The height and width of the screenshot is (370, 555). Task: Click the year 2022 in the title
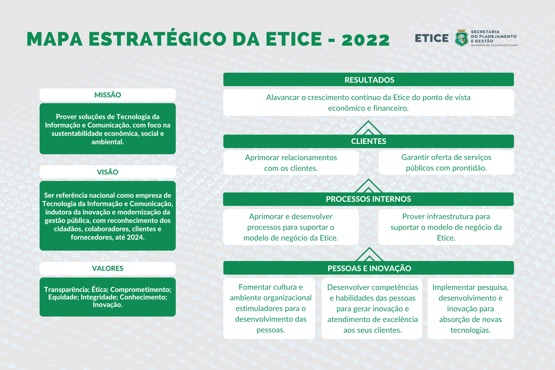(x=366, y=40)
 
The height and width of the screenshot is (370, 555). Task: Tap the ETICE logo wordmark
(x=432, y=38)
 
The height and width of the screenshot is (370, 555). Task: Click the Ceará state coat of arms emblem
(x=461, y=38)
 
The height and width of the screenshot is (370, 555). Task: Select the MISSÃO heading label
(x=108, y=95)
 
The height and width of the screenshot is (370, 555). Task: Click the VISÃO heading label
(x=108, y=172)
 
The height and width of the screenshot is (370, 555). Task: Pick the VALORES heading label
(x=108, y=268)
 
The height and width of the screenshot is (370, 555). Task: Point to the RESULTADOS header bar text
(x=369, y=80)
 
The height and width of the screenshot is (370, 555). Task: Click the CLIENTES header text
(x=369, y=141)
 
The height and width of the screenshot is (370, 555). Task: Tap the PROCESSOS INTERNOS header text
(x=368, y=199)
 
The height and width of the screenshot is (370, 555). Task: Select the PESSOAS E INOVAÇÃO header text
(x=369, y=268)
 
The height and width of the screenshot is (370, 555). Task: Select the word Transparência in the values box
(x=67, y=290)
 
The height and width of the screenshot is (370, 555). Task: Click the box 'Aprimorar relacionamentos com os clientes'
(x=291, y=163)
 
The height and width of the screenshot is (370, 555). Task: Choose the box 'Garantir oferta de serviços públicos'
(x=446, y=162)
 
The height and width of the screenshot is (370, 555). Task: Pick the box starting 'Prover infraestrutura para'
(x=446, y=227)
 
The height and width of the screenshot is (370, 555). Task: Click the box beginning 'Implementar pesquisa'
(x=471, y=308)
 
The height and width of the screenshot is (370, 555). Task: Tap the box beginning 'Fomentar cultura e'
(x=269, y=308)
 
